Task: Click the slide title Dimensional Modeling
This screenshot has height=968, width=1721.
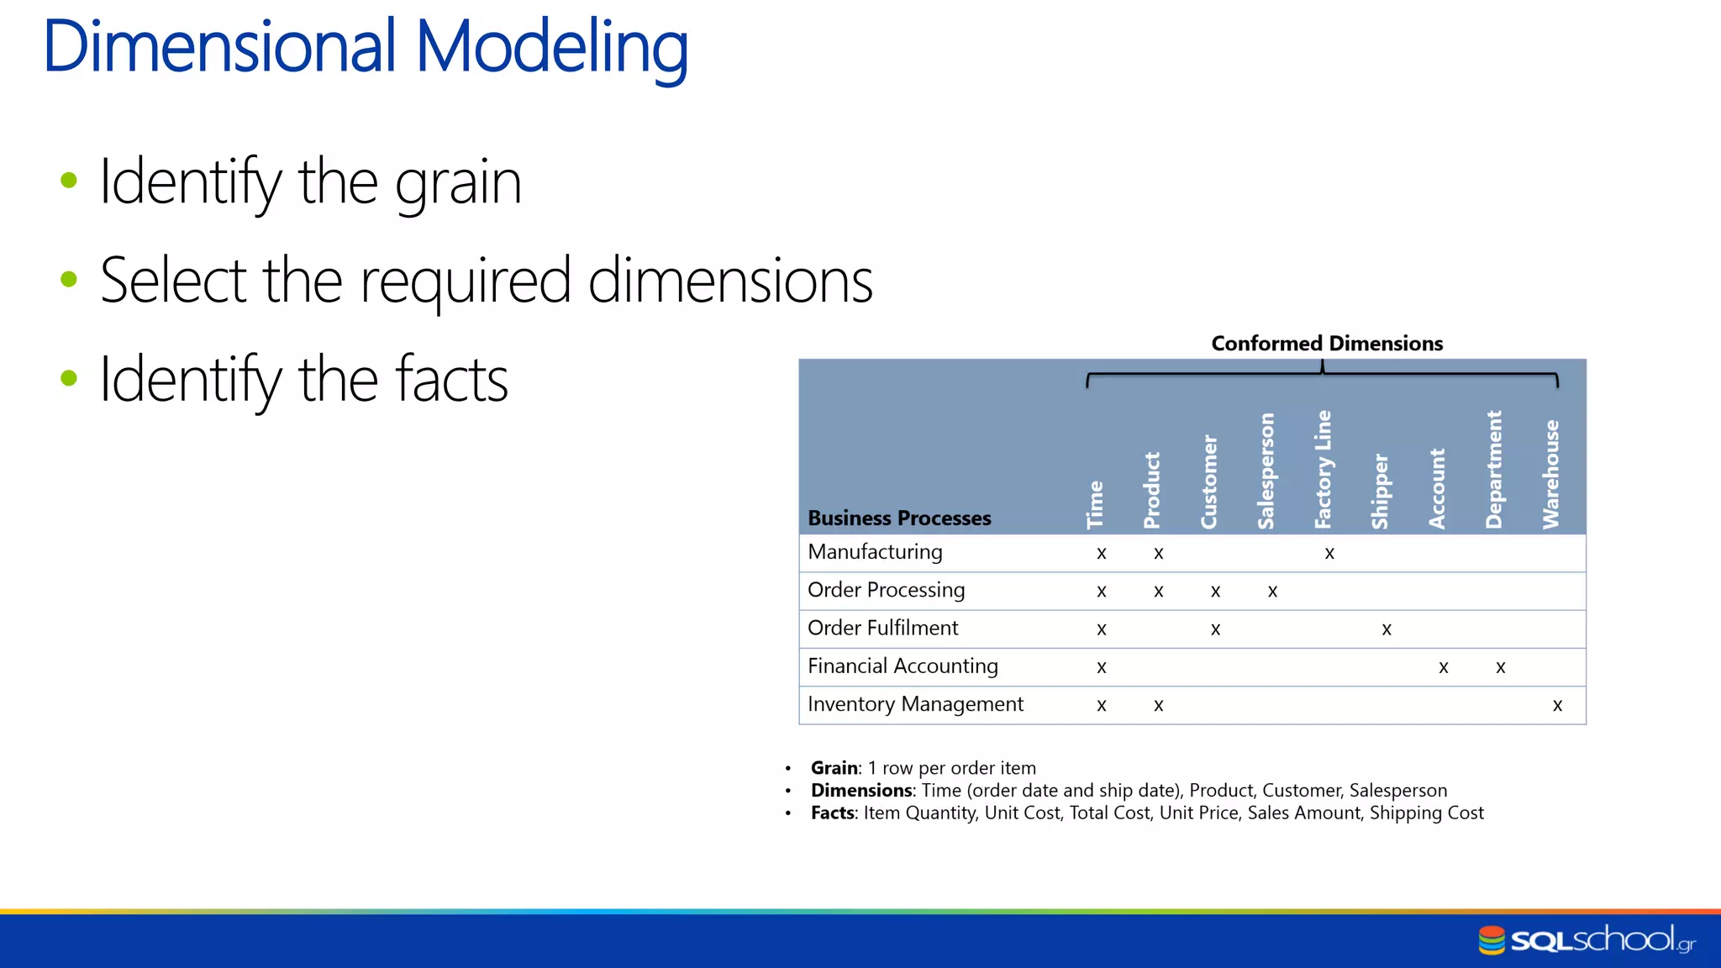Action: click(366, 47)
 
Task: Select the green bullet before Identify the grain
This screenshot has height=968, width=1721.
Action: click(69, 180)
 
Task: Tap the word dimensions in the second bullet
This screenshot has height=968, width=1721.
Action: click(729, 281)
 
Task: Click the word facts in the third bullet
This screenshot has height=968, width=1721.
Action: click(451, 380)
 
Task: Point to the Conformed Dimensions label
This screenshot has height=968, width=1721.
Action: click(1326, 344)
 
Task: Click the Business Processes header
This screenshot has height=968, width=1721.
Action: click(898, 518)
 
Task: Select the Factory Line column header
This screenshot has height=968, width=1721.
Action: click(1323, 469)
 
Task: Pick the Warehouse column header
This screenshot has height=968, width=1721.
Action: click(1550, 474)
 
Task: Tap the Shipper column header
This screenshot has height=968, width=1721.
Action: click(1380, 491)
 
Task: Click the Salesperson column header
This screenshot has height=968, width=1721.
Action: click(1266, 471)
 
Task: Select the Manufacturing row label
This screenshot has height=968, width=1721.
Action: click(874, 552)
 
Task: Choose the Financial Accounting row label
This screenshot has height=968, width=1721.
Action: click(902, 666)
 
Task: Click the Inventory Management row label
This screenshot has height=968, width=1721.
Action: click(914, 704)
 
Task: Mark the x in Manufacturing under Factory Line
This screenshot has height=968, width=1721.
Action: click(1329, 554)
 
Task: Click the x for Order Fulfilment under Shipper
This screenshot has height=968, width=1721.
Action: click(1387, 629)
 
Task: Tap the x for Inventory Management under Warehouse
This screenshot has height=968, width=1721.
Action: click(1557, 706)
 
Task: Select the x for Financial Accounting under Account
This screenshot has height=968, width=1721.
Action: click(1443, 668)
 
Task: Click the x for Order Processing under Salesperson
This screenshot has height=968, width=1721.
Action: click(1272, 592)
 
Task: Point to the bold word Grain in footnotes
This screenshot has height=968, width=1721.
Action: click(834, 768)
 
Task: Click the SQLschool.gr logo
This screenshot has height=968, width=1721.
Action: click(1586, 939)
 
